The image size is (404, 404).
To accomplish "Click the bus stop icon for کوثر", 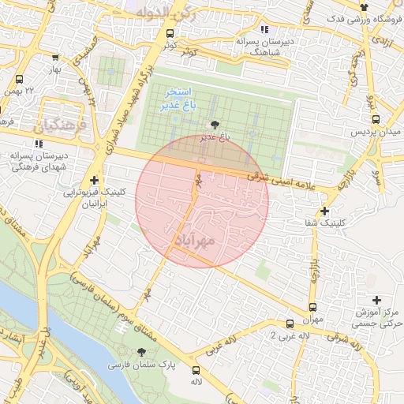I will pos(170,33).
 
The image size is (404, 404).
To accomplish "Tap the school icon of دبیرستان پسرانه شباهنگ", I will pos(264,28).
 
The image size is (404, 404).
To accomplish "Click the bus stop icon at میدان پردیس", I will pos(376,119).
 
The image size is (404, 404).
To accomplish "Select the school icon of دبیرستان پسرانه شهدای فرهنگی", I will pos(37,144).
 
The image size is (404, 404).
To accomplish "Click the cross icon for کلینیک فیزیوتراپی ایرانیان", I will pos(95,180).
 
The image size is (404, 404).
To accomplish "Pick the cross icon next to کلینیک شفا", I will pos(324,211).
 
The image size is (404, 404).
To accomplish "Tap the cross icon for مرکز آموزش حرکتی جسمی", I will pos(376,300).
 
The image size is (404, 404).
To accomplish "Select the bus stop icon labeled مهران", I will pos(313,307).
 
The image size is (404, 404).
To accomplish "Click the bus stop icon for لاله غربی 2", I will pos(290,324).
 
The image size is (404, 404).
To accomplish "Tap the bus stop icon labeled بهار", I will pos(54,58).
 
